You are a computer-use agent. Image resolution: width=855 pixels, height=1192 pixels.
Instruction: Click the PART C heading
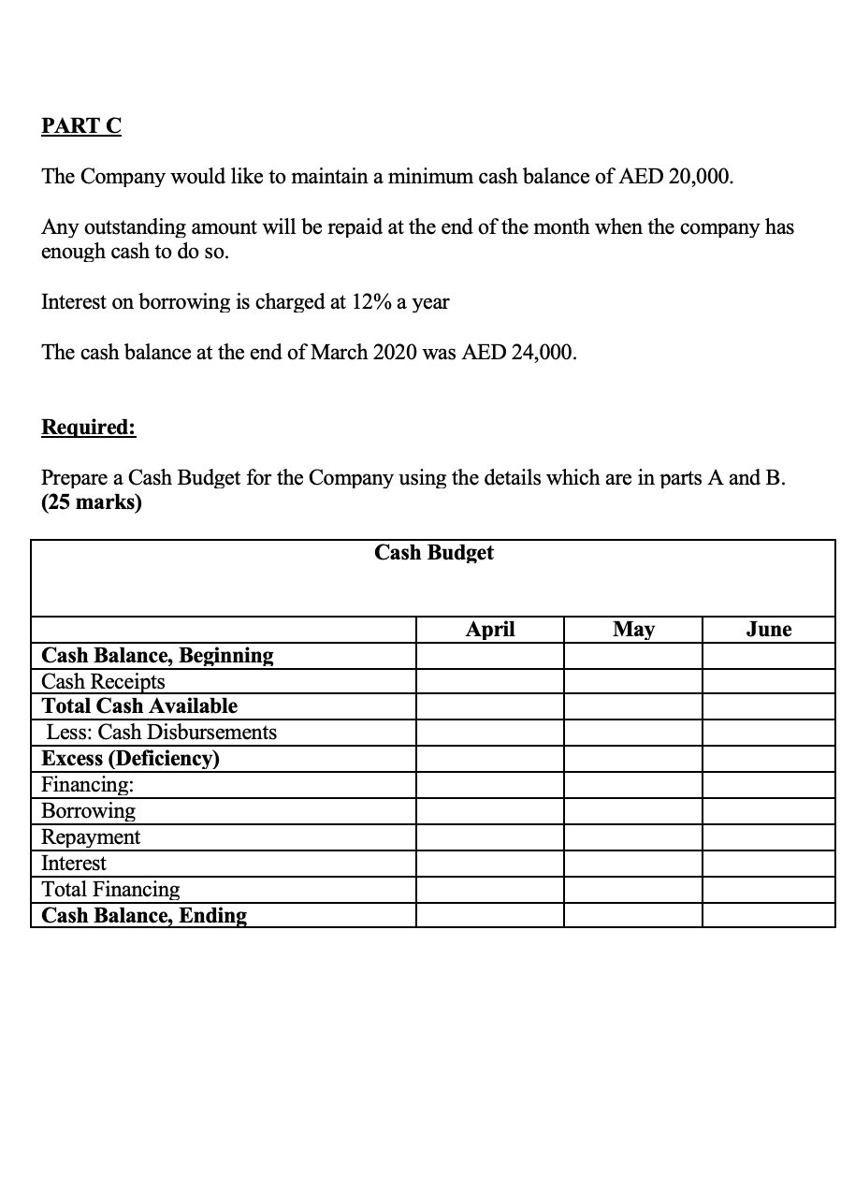pyautogui.click(x=81, y=126)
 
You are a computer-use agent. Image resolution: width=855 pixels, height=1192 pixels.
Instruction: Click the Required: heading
pyautogui.click(x=89, y=428)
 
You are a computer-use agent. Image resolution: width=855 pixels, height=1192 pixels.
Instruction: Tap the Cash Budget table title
pyautogui.click(x=433, y=553)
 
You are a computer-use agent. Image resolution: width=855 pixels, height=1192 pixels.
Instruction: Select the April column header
pyautogui.click(x=489, y=630)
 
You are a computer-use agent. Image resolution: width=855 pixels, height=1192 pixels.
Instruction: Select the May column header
pyautogui.click(x=633, y=630)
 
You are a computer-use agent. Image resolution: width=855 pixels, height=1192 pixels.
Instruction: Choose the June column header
pyautogui.click(x=768, y=630)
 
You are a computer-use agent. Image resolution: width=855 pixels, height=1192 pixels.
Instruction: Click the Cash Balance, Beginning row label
pyautogui.click(x=158, y=656)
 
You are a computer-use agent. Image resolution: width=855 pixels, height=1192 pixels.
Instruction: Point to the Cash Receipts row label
pyautogui.click(x=104, y=682)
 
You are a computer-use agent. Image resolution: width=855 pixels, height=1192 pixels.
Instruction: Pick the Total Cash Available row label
pyautogui.click(x=140, y=706)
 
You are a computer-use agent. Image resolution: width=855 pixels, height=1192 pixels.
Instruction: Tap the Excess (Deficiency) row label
pyautogui.click(x=131, y=759)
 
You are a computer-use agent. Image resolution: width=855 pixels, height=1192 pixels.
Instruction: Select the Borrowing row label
pyautogui.click(x=89, y=811)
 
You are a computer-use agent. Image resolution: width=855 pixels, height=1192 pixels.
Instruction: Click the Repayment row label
pyautogui.click(x=92, y=837)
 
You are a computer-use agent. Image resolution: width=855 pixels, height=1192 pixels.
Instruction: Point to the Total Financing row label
pyautogui.click(x=111, y=890)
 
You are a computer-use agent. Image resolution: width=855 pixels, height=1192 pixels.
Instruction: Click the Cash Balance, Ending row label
pyautogui.click(x=145, y=916)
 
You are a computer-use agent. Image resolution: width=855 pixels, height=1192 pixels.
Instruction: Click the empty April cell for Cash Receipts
pyautogui.click(x=489, y=682)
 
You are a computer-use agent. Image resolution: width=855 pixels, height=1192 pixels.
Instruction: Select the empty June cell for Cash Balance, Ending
pyautogui.click(x=768, y=916)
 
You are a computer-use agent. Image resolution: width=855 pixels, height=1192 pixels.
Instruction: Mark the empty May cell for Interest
pyautogui.click(x=633, y=864)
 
